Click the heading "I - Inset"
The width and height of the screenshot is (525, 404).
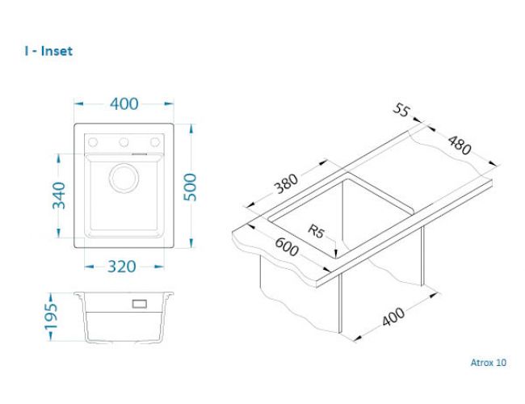(x=48, y=51)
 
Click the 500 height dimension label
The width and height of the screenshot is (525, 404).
(x=191, y=187)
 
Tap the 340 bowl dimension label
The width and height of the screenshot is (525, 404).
(x=59, y=196)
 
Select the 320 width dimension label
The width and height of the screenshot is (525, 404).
(x=121, y=267)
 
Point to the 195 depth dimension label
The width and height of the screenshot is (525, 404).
(x=51, y=317)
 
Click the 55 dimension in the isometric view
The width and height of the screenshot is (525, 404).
(x=401, y=110)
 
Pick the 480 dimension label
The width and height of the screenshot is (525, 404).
(x=460, y=145)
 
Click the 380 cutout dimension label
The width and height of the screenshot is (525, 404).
(x=286, y=183)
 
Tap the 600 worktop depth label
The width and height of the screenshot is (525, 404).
(x=287, y=246)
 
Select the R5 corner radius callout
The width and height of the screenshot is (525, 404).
(x=316, y=231)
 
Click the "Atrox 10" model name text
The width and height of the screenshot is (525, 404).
(x=489, y=363)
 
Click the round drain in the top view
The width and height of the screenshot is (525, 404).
(x=124, y=179)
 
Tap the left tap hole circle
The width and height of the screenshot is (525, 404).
(x=93, y=142)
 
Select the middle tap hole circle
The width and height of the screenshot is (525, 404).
(x=124, y=142)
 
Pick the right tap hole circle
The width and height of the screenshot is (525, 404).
(x=155, y=142)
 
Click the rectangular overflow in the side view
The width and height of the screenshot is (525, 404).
(x=139, y=304)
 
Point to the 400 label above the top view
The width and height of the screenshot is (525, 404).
(x=124, y=104)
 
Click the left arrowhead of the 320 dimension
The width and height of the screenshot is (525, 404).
(x=89, y=267)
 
